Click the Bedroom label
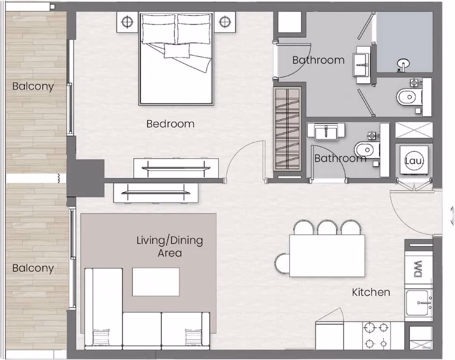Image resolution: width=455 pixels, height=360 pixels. tap(171, 124)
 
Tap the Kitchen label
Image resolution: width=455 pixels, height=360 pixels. tap(371, 292)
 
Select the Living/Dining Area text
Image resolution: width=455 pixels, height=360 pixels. tap(170, 247)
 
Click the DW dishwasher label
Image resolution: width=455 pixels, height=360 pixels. tap(418, 269)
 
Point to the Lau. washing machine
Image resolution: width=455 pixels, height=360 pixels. tap(414, 160)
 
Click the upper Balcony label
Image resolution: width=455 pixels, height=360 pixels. tap(33, 87)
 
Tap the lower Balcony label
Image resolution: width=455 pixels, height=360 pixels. tap(33, 268)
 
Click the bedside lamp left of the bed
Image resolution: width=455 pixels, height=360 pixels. tap(127, 22)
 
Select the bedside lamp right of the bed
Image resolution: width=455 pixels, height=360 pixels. tap(224, 22)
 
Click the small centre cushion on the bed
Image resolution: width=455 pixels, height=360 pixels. tap(177, 51)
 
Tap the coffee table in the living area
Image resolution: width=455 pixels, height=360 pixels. tap(156, 282)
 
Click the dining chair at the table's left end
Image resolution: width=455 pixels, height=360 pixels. tap(282, 263)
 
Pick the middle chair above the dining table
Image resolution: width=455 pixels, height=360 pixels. tap(327, 227)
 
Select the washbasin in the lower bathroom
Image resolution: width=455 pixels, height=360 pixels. tap(326, 132)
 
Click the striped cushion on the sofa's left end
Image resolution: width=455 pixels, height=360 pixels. tap(101, 337)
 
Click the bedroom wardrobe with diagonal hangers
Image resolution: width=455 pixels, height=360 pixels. tap(287, 129)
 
